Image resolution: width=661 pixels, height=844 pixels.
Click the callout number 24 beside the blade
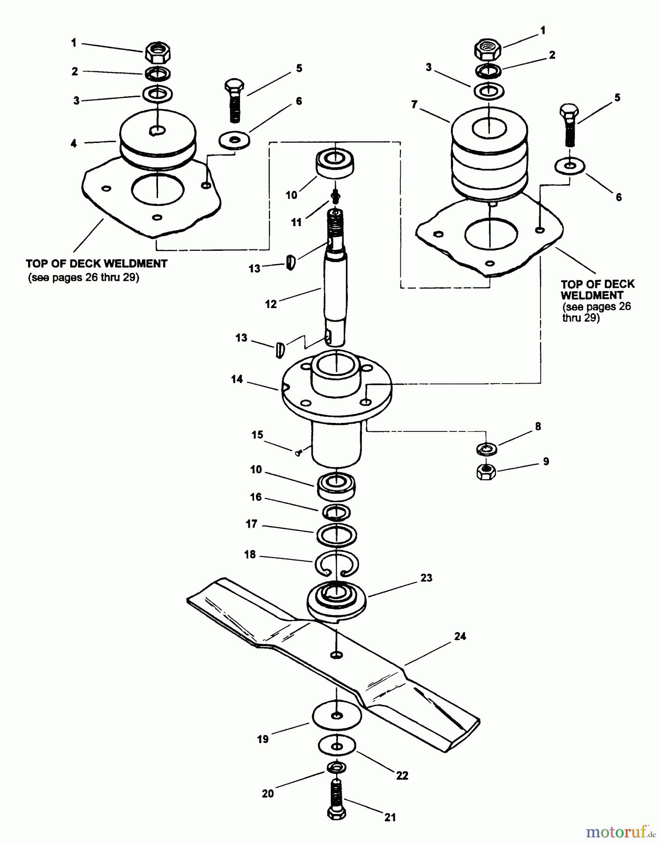click(460, 636)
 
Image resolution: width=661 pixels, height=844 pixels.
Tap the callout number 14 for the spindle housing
click(237, 379)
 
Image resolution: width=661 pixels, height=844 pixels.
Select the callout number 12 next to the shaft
click(271, 304)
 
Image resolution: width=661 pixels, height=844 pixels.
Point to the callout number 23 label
click(426, 578)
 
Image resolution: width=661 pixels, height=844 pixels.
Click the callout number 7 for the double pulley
click(414, 105)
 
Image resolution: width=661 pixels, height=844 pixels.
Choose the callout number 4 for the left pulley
click(74, 143)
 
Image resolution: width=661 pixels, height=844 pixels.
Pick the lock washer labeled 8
click(487, 449)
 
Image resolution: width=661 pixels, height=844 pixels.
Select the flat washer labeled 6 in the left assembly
click(234, 140)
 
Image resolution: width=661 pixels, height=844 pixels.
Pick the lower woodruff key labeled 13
click(280, 349)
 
